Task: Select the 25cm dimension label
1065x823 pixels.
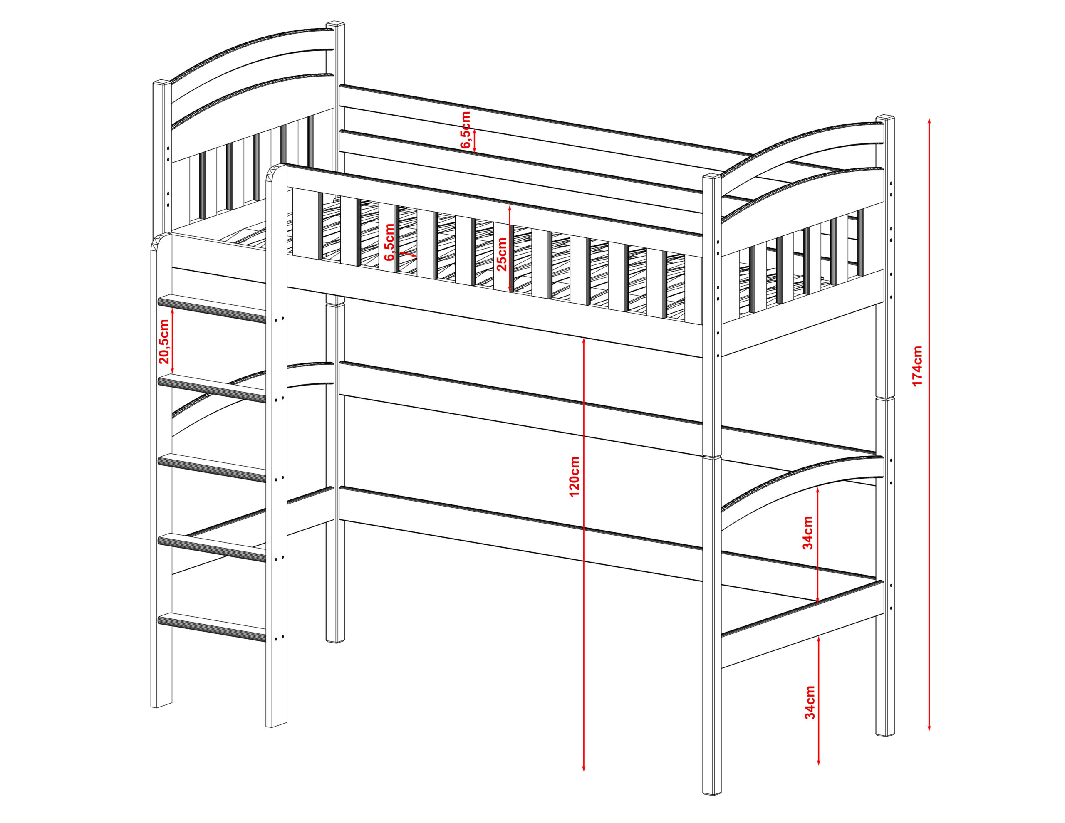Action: point(502,254)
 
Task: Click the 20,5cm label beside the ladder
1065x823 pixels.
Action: point(164,342)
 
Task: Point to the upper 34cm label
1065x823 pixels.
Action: point(808,532)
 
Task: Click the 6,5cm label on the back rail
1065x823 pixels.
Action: point(466,130)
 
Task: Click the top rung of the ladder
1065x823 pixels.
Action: point(212,309)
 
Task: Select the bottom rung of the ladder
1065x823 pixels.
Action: point(212,627)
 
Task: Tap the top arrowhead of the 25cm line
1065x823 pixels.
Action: point(510,208)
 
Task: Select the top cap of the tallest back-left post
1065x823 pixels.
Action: point(335,24)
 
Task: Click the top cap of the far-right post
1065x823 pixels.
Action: point(886,119)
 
